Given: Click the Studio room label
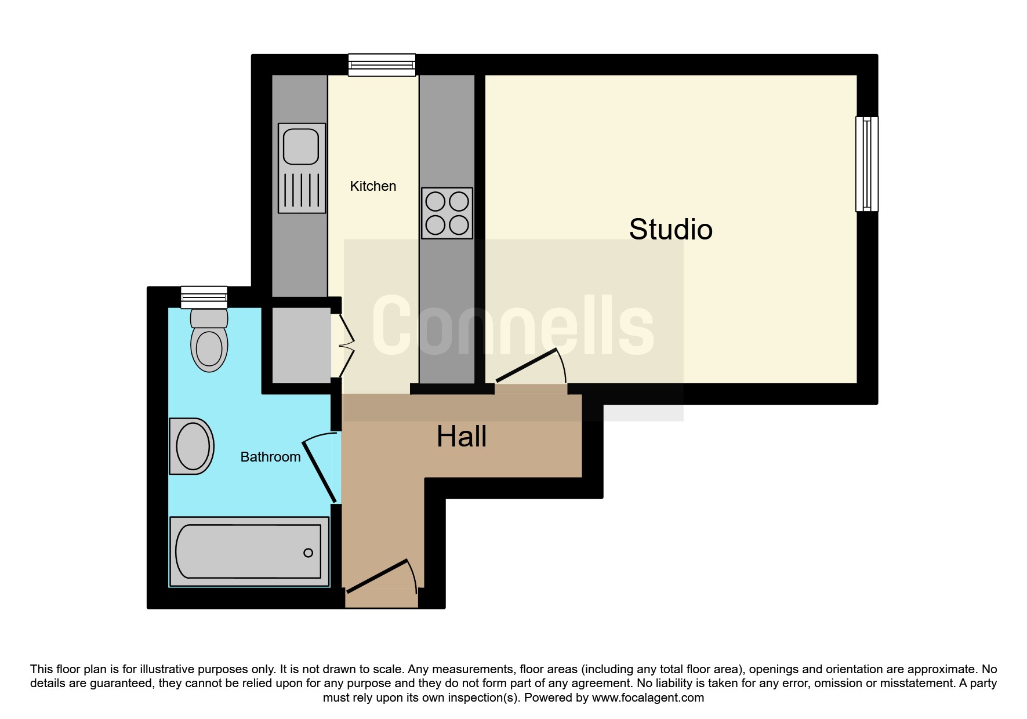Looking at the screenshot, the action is coord(670,229).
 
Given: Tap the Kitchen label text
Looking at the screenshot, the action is coord(373,186).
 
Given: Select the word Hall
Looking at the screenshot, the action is coord(462,436).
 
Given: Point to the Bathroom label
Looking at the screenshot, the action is coord(270,457).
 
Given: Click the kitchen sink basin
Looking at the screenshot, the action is coord(301,147).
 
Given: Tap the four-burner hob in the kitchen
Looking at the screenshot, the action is coord(447,213).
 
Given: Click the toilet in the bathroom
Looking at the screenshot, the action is coord(209,340).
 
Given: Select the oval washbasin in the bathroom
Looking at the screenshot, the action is coord(192,446).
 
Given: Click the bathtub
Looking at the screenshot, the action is coord(249,551).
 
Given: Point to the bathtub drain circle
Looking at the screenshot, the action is coord(309,553).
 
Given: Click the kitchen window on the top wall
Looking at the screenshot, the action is coord(382,65).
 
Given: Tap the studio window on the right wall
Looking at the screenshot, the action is coord(867,164).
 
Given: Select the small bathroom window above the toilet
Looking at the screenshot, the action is coord(204,297).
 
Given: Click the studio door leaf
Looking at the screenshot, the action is coord(527,365).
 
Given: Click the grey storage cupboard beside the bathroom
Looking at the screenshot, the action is coord(302,345).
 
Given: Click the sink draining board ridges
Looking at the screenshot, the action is coord(302,190).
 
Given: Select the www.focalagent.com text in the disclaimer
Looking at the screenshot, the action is coord(648,698).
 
